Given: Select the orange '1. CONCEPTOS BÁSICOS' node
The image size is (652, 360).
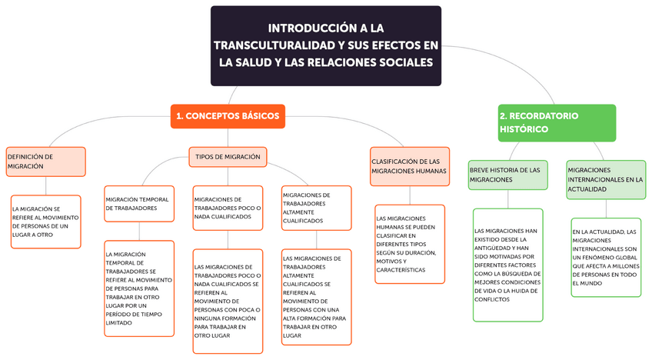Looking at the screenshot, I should tap(227, 116).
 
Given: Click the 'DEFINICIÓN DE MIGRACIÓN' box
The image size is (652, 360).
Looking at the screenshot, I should tap(45, 161).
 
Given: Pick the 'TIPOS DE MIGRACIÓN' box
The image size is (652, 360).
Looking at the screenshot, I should tap(228, 157).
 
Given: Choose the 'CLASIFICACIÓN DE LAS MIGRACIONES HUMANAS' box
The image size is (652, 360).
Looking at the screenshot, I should tap(410, 166).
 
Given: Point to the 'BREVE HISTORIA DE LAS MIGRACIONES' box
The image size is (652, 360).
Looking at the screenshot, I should tap(507, 175).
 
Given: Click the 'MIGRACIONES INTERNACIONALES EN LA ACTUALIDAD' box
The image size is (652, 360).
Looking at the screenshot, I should tap(605, 179).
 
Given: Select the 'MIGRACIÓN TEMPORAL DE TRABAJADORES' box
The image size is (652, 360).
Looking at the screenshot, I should tap(139, 204).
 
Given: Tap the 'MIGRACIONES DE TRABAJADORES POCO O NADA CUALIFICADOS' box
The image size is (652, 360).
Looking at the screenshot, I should tap(228, 208).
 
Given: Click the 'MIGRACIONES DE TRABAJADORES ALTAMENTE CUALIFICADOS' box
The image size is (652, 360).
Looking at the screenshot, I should tap(316, 208).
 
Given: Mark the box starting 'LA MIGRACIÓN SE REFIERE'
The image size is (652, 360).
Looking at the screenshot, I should tap(45, 222).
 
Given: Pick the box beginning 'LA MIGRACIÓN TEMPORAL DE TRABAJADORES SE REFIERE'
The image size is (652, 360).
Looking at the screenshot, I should tap(139, 288).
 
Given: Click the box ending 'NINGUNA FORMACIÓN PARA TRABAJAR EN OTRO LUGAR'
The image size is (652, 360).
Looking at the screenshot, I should tap(228, 301).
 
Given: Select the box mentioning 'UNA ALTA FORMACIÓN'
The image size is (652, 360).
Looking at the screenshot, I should tap(316, 297).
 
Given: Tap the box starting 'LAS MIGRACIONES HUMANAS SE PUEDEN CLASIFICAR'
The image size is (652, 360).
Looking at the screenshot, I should tap(410, 244).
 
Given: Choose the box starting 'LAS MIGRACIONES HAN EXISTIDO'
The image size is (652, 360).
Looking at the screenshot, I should tap(507, 265).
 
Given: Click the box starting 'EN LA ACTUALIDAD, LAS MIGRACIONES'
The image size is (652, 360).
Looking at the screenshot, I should tap(605, 257).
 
